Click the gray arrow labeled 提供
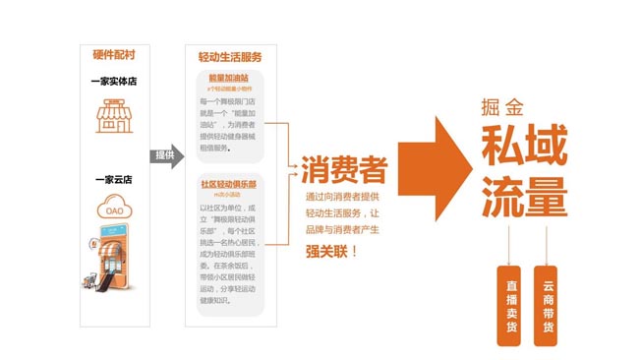(x=165, y=155)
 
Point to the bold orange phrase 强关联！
(x=334, y=252)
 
